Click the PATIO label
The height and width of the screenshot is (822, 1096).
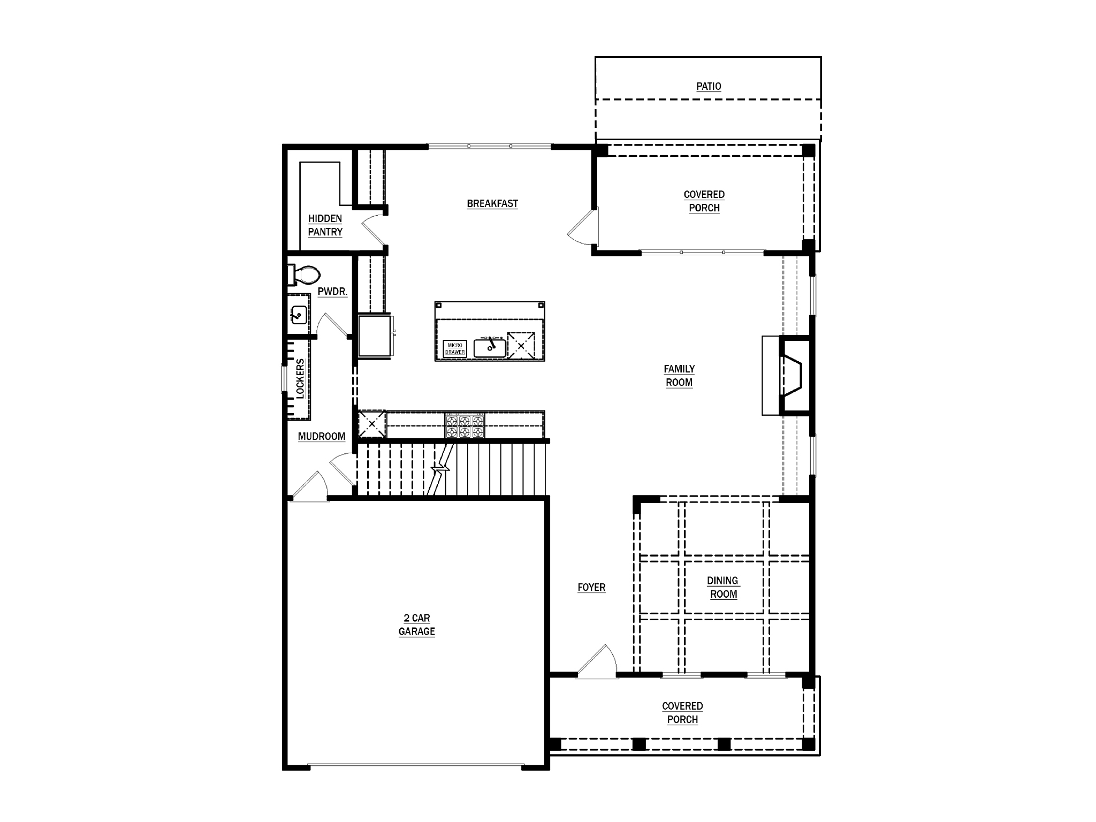[x=709, y=87]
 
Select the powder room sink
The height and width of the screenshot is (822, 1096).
[x=298, y=315]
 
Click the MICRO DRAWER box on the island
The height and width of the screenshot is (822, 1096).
[x=455, y=349]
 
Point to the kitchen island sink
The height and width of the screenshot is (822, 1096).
[x=490, y=348]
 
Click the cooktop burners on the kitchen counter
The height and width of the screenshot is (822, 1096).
[x=465, y=426]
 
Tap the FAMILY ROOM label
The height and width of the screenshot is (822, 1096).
[x=679, y=376]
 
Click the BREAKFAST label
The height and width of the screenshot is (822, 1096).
[x=492, y=204]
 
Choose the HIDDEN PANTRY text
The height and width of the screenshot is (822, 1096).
[x=325, y=225]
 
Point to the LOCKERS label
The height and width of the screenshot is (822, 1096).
[x=300, y=378]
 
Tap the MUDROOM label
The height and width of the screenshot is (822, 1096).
[x=321, y=437]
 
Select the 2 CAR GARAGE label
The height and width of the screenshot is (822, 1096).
[x=416, y=625]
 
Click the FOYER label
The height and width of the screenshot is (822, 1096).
[x=591, y=588]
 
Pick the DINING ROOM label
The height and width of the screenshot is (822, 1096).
[x=722, y=588]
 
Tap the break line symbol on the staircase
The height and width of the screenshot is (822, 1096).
[x=442, y=469]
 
